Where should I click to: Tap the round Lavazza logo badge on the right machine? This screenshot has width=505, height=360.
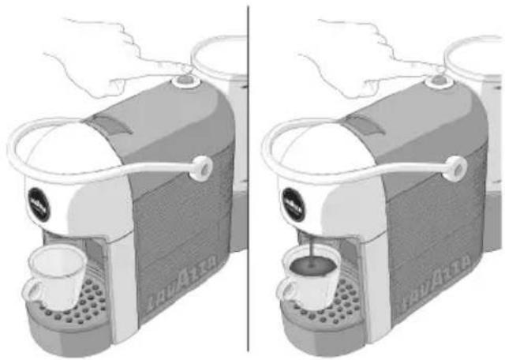[292, 203]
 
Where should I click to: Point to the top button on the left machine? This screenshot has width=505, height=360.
[184, 79]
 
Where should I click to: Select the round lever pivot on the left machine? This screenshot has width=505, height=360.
[201, 165]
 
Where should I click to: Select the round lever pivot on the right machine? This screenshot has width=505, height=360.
[454, 166]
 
